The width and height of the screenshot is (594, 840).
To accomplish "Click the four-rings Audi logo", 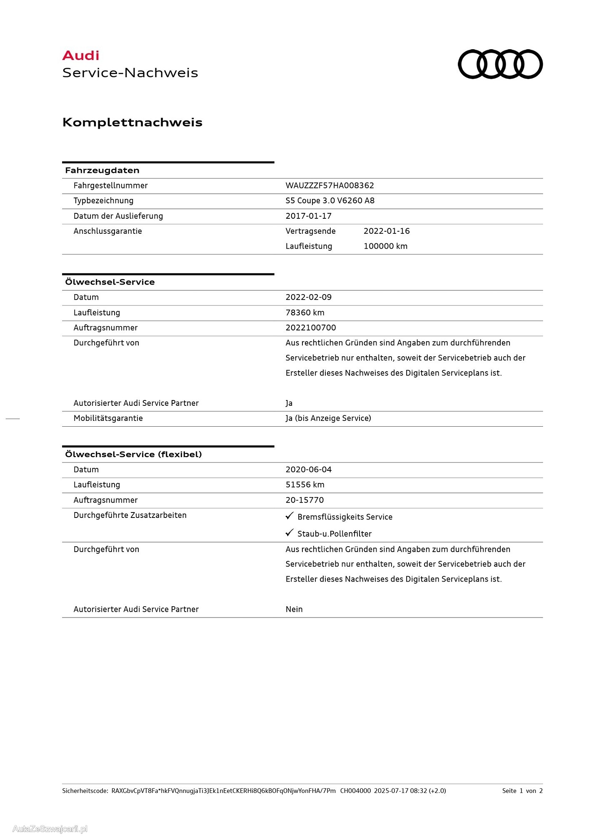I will coord(500,64).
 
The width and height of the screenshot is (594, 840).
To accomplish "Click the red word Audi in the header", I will coord(81,55).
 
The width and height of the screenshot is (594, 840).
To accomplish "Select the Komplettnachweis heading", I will coord(132,122).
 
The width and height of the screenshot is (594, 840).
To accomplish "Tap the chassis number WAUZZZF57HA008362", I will coord(329,185).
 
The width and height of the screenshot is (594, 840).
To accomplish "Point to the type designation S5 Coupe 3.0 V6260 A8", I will coord(330,200).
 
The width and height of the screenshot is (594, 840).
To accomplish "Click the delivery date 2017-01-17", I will coord(308,216).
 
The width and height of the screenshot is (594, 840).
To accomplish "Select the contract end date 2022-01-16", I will coord(386,231).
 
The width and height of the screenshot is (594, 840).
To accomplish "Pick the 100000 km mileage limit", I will coord(385,246).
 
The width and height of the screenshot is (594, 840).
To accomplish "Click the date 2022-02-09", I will coord(308,297).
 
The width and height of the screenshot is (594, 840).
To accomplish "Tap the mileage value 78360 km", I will coord(304,312).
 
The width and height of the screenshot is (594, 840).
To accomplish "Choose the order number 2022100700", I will coord(310,327).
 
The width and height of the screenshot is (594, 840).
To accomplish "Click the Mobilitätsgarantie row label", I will coord(108,418).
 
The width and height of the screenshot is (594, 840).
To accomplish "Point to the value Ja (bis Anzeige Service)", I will coord(328,418).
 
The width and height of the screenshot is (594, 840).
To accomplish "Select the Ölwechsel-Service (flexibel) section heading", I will coord(133,454).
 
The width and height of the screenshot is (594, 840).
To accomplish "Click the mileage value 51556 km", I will coord(304,485).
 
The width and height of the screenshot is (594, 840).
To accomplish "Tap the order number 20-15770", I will coord(304,500).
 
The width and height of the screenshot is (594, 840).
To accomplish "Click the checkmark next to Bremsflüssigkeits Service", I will coord(290,516).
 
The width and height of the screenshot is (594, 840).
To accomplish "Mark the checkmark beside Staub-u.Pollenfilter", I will coord(290,533).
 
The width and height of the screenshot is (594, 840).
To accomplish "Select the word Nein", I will coord(294,609).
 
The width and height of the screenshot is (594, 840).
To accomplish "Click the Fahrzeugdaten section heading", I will coord(102,170).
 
